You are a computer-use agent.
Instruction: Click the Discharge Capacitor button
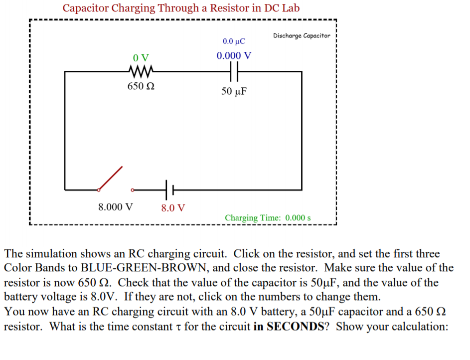[302, 36]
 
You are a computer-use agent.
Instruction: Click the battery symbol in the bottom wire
[168, 189]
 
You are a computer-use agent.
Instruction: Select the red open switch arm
[111, 178]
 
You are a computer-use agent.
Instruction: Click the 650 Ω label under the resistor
[141, 86]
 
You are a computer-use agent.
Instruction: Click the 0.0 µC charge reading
[234, 41]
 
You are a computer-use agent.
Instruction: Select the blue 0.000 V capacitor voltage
[234, 55]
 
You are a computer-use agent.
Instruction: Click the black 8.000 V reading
[116, 206]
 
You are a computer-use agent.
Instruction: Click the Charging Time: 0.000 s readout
[268, 218]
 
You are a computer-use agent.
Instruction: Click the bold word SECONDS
[297, 327]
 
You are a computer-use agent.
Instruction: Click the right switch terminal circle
[133, 189]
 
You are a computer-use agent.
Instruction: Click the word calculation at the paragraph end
[420, 327]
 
